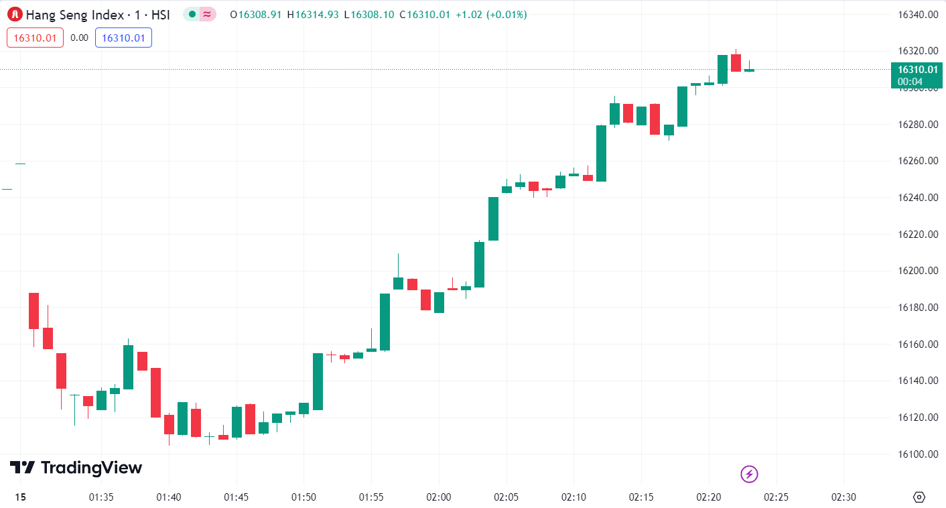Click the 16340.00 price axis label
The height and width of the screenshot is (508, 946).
tap(917, 15)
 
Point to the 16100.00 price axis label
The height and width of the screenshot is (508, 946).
tap(917, 454)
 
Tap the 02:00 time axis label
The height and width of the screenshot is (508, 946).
tap(439, 497)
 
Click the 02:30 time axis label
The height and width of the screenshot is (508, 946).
tap(843, 497)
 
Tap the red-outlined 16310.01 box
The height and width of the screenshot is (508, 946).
tap(35, 38)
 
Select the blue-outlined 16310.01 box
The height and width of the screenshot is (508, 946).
tap(123, 38)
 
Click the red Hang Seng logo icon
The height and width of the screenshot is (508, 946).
tap(15, 14)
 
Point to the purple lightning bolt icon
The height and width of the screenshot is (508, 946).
tap(749, 474)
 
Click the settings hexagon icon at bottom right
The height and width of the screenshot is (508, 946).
tap(919, 497)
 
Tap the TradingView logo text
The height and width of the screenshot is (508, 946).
tap(76, 468)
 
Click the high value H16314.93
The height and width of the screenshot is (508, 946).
tap(314, 15)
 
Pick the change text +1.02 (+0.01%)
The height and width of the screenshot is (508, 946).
tap(490, 15)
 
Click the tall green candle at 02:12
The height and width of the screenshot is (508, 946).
tap(601, 153)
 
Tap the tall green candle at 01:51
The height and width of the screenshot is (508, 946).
tap(318, 381)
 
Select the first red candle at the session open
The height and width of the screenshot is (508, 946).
tap(33, 310)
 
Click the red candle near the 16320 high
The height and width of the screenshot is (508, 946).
tap(736, 63)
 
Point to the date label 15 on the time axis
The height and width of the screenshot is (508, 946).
tap(20, 497)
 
